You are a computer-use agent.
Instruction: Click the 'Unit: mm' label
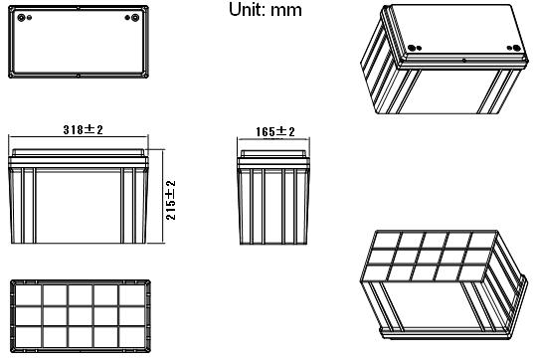tap(266, 10)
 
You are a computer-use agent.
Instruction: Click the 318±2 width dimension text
tap(84, 129)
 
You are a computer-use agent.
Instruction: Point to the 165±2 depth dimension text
tap(275, 131)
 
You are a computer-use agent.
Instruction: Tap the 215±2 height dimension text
tap(171, 200)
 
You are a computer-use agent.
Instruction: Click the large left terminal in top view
tap(22, 18)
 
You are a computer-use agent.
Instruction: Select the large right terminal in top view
tap(135, 18)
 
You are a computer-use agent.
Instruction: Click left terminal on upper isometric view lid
tap(412, 48)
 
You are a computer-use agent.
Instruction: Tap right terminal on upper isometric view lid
tap(516, 48)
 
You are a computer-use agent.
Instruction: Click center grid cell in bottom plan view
tap(80, 316)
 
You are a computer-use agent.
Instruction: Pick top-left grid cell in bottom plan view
tap(29, 295)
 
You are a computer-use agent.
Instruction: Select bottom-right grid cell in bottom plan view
tap(132, 337)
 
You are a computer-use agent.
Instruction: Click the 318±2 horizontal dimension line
tap(79, 137)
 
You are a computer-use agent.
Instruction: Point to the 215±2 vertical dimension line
tap(163, 197)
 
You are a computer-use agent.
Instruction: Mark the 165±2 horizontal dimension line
tap(273, 138)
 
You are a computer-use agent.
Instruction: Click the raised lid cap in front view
tap(79, 153)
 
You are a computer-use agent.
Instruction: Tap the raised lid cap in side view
tap(273, 153)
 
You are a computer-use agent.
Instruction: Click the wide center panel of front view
tap(79, 206)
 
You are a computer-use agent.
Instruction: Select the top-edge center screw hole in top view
tap(79, 8)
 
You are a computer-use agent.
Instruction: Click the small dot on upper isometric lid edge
tap(464, 61)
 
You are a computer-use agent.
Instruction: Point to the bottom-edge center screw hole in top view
tap(79, 76)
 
